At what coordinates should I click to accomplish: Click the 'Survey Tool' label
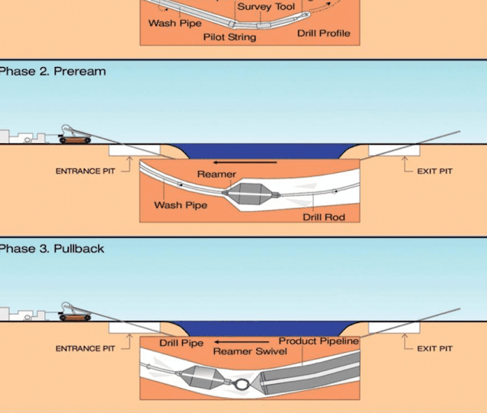266,7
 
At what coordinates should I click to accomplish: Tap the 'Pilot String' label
229,37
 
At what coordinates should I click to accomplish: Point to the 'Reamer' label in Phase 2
216,174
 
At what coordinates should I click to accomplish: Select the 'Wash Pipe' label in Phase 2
181,205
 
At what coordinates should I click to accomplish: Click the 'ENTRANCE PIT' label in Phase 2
85,171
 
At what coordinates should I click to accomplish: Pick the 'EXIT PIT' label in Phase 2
434,171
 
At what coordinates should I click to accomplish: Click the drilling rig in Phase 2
75,136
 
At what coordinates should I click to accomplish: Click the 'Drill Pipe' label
181,343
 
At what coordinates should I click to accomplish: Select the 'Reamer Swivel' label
249,351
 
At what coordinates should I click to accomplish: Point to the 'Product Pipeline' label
318,341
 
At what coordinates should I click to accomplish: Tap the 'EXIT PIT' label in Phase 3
434,349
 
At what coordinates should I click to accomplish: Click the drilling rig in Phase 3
75,312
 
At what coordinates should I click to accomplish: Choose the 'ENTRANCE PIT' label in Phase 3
85,349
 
